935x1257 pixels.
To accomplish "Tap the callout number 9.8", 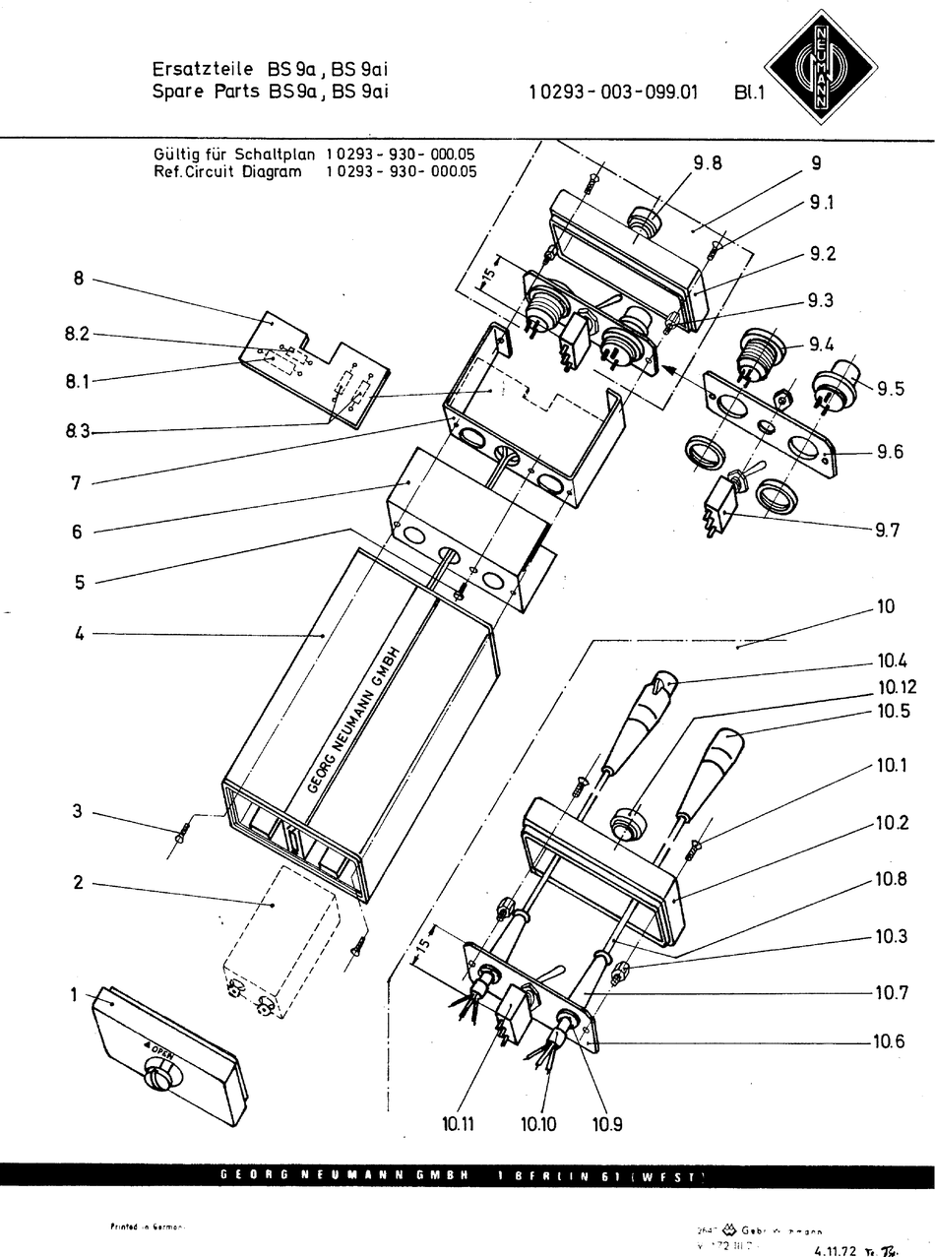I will tap(707, 163).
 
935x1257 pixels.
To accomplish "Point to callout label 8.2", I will tap(78, 334).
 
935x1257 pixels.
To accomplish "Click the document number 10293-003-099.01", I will tap(613, 94).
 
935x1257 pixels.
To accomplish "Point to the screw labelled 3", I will tap(180, 837).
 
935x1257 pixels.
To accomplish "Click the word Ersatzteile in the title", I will tap(206, 70).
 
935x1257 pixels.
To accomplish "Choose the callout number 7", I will tap(77, 482).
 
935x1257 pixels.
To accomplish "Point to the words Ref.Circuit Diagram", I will tap(227, 170).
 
